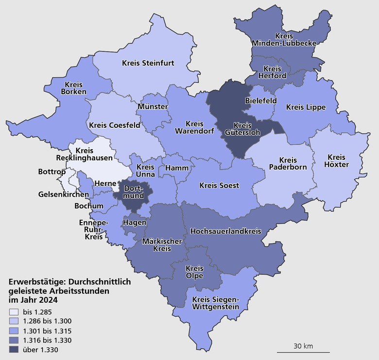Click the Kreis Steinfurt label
coord(148,63)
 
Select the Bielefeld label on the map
coord(261,101)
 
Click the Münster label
coord(153,106)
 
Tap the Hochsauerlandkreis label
coord(225,231)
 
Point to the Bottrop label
coord(51,172)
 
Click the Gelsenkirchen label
coord(64,194)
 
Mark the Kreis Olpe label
coord(194,273)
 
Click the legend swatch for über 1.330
coord(13,349)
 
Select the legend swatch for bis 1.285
coord(13,312)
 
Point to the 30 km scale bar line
coord(303,352)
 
